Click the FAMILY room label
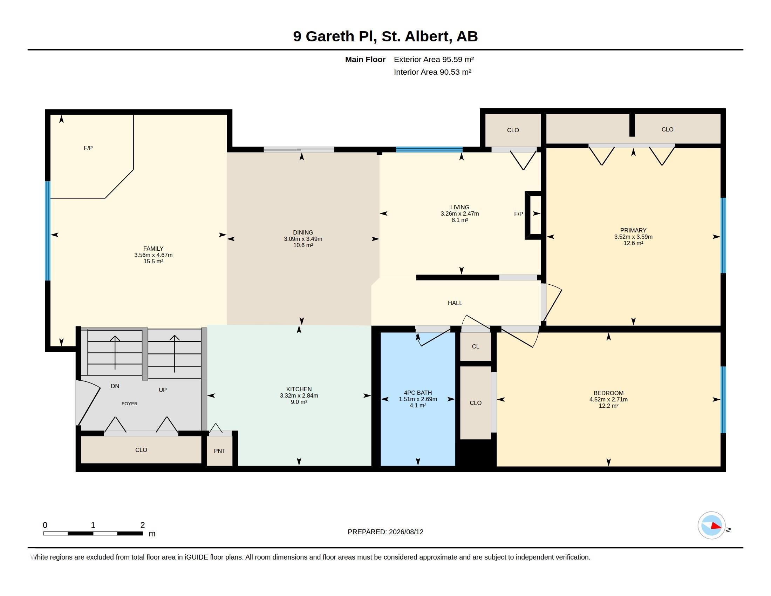153,249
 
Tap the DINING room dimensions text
303,239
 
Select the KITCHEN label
299,389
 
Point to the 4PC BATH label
418,393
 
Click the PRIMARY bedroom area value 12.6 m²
633,243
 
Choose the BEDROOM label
609,393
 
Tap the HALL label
455,303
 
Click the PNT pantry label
220,451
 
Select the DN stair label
115,386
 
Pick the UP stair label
163,390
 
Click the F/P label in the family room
88,148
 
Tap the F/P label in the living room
519,214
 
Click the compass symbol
711,526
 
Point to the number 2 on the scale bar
143,525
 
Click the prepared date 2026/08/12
406,532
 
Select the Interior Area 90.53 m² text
432,72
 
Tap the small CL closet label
476,346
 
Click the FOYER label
130,404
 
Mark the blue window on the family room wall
48,231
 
